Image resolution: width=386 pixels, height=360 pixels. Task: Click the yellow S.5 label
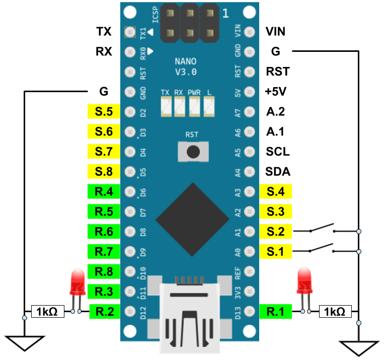pyautogui.click(x=104, y=112)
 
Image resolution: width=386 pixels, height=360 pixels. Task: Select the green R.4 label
pyautogui.click(x=104, y=191)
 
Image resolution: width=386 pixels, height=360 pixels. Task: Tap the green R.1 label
pyautogui.click(x=276, y=312)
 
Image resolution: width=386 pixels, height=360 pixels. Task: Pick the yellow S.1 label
pyautogui.click(x=276, y=251)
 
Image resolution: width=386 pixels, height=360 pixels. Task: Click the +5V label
pyautogui.click(x=275, y=92)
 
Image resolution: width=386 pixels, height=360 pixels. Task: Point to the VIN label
pyautogui.click(x=275, y=32)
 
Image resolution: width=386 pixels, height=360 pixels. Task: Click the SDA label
pyautogui.click(x=278, y=172)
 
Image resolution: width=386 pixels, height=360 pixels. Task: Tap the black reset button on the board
pyautogui.click(x=193, y=152)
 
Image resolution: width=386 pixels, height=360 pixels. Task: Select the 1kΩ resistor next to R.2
pyautogui.click(x=48, y=312)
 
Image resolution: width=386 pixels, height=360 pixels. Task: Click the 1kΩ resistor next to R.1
pyautogui.click(x=335, y=312)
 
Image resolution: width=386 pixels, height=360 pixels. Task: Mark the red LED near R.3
pyautogui.click(x=78, y=283)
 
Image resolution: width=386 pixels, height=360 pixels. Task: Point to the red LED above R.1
pyautogui.click(x=304, y=282)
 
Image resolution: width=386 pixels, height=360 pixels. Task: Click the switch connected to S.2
pyautogui.click(x=322, y=228)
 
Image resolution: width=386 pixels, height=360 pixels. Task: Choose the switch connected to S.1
pyautogui.click(x=322, y=248)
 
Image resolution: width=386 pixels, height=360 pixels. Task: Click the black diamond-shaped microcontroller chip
pyautogui.click(x=193, y=220)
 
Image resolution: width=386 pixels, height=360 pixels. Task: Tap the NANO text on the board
pyautogui.click(x=186, y=61)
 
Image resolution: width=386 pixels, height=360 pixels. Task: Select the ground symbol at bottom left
pyautogui.click(x=25, y=343)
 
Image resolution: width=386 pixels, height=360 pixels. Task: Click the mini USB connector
pyautogui.click(x=190, y=318)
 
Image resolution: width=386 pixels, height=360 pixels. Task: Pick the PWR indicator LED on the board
pyautogui.click(x=194, y=107)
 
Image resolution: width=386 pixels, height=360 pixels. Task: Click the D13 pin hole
pyautogui.click(x=250, y=311)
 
